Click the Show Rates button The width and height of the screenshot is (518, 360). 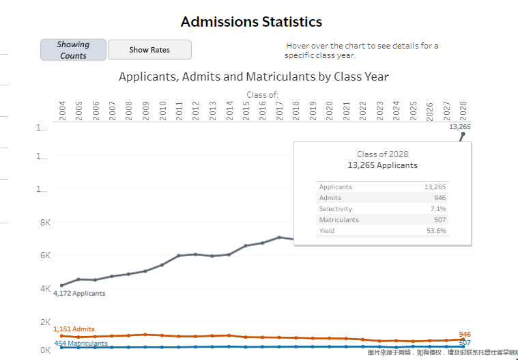149,50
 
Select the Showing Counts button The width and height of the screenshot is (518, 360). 73,50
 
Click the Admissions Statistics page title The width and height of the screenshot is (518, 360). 251,22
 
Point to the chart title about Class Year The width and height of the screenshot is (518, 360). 254,77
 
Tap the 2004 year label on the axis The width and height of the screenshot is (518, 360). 62,111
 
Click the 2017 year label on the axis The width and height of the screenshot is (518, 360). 279,111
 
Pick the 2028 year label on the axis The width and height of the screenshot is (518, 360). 463,111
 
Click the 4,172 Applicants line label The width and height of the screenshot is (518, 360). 79,293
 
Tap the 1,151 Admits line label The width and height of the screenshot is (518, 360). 74,329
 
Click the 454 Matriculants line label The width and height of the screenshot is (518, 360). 81,344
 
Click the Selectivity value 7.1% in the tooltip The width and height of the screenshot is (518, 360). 438,209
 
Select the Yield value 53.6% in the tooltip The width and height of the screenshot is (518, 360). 436,231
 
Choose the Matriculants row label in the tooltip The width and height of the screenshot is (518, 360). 339,220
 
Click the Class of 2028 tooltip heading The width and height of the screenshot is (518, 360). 382,154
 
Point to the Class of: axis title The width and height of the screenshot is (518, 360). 262,94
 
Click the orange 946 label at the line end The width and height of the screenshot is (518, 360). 465,335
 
